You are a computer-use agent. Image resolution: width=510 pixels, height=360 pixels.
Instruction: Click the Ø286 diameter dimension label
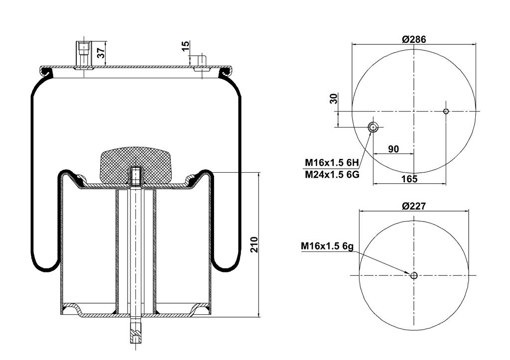click(414, 39)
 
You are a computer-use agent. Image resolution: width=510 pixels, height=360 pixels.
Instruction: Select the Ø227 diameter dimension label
click(414, 206)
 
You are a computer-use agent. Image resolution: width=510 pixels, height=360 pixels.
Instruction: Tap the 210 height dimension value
click(254, 244)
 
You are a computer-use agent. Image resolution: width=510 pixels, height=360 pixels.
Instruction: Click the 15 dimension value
click(185, 46)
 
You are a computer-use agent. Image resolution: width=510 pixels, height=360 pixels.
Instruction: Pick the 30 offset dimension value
click(334, 99)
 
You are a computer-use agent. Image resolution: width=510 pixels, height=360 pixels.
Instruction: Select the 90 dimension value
click(393, 149)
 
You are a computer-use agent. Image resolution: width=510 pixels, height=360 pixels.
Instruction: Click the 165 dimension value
click(409, 179)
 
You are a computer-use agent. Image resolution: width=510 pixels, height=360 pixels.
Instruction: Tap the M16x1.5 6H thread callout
click(331, 162)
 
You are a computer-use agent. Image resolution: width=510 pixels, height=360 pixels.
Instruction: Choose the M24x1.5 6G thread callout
click(332, 175)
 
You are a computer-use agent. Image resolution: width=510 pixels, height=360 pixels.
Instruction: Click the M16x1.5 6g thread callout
click(327, 246)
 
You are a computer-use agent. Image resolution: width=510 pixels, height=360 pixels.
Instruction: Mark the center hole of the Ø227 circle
click(414, 275)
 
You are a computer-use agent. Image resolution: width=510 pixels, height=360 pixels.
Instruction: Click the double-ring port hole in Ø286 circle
click(373, 127)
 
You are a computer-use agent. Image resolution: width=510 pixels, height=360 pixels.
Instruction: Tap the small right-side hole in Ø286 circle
click(446, 111)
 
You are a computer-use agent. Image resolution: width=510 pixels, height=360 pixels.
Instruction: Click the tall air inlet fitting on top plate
click(84, 55)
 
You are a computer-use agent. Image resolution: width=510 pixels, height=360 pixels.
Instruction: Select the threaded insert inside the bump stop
click(135, 176)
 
